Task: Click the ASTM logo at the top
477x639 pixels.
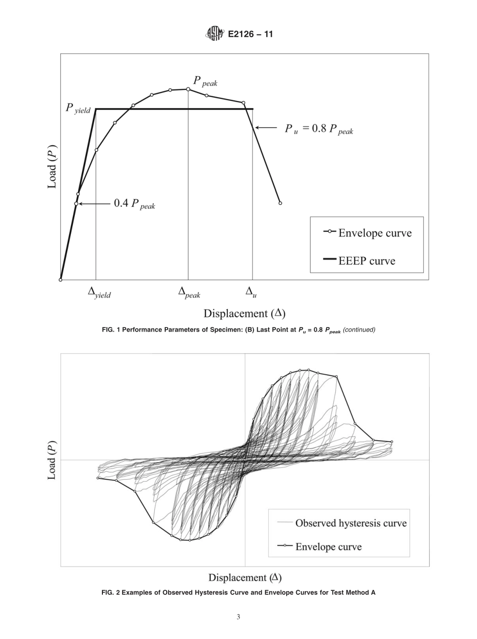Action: [214, 34]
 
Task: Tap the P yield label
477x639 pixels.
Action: [78, 109]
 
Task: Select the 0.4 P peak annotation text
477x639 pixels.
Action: [134, 203]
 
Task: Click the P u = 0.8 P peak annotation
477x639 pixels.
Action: [319, 129]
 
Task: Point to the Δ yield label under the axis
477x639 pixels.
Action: [99, 292]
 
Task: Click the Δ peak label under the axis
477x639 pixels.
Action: [189, 292]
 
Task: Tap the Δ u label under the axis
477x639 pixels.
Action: [251, 292]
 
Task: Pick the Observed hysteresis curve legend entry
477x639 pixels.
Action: [350, 523]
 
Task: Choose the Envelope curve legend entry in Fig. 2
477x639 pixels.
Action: [328, 547]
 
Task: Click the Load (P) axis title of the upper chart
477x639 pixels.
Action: [52, 166]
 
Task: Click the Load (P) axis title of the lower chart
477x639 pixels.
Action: [52, 460]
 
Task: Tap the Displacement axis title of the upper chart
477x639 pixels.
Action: [244, 314]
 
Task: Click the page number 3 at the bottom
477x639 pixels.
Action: [238, 617]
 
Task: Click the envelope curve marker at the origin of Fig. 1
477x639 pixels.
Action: [61, 280]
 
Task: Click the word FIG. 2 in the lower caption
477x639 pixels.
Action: [110, 593]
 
